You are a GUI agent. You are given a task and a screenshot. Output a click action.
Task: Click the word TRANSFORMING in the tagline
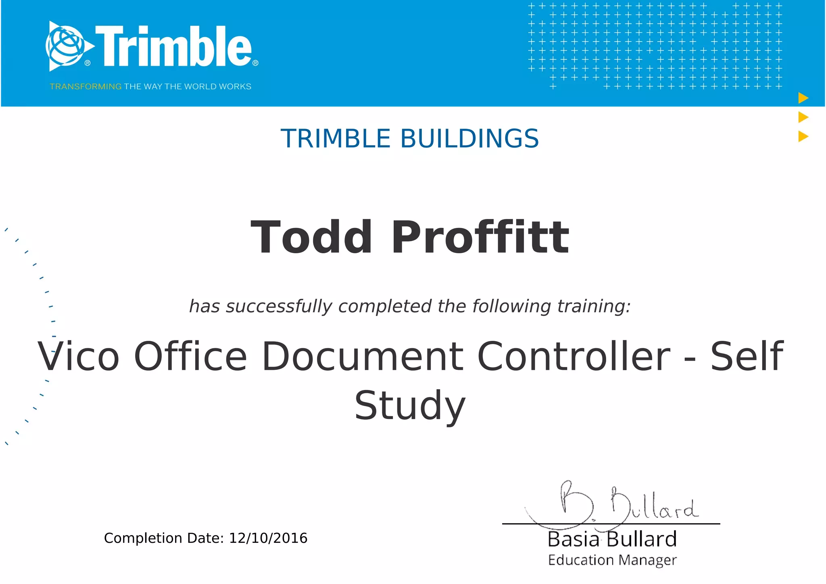pyautogui.click(x=86, y=87)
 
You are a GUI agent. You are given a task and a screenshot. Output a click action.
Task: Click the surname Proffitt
pyautogui.click(x=480, y=238)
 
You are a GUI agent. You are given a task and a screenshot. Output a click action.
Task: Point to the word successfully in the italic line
pyautogui.click(x=279, y=307)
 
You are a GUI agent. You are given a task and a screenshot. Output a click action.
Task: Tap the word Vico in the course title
pyautogui.click(x=79, y=357)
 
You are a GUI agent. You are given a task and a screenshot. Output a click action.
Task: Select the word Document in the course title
pyautogui.click(x=363, y=357)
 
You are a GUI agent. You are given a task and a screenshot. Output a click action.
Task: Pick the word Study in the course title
pyautogui.click(x=410, y=406)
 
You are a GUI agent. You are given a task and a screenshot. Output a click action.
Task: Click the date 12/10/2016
pyautogui.click(x=268, y=538)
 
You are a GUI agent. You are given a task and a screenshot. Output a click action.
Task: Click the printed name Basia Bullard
pyautogui.click(x=612, y=540)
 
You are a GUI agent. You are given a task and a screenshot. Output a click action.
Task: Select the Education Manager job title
pyautogui.click(x=612, y=560)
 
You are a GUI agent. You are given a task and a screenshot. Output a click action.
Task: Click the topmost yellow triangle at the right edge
pyautogui.click(x=803, y=98)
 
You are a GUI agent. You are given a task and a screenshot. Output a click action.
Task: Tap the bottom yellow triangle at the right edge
pyautogui.click(x=803, y=136)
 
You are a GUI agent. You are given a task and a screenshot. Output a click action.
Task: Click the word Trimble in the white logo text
pyautogui.click(x=173, y=46)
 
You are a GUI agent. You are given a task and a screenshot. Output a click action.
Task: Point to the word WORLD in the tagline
pyautogui.click(x=200, y=87)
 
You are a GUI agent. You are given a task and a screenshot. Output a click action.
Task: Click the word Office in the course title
pyautogui.click(x=190, y=357)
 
